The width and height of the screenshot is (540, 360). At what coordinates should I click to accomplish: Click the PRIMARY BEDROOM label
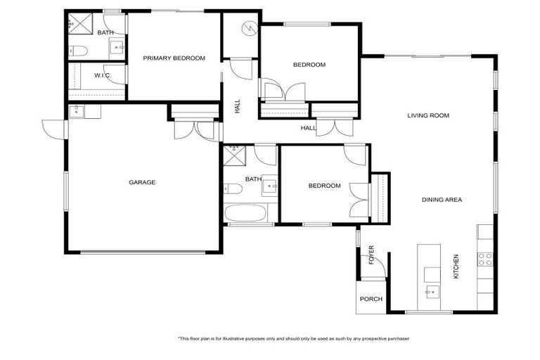(174, 58)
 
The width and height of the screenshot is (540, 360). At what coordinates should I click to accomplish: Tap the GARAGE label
(142, 182)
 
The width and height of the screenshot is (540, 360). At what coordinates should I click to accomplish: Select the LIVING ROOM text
(427, 115)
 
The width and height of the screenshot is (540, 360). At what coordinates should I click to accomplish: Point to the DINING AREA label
(442, 200)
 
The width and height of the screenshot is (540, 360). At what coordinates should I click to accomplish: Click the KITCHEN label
(456, 266)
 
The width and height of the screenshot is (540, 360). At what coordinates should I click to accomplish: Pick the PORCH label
(371, 299)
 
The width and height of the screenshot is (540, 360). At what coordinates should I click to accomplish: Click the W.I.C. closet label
(103, 75)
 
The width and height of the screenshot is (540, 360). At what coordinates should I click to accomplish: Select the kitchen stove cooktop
(485, 258)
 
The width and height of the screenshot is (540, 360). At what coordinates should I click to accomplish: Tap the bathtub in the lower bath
(244, 214)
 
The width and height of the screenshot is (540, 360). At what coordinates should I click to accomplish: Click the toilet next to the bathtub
(233, 188)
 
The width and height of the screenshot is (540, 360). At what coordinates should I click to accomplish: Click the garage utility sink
(77, 110)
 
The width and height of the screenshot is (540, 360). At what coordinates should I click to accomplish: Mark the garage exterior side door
(53, 129)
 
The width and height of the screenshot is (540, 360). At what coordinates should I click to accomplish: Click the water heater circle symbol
(249, 29)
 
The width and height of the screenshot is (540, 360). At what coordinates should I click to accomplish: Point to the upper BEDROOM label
(309, 65)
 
